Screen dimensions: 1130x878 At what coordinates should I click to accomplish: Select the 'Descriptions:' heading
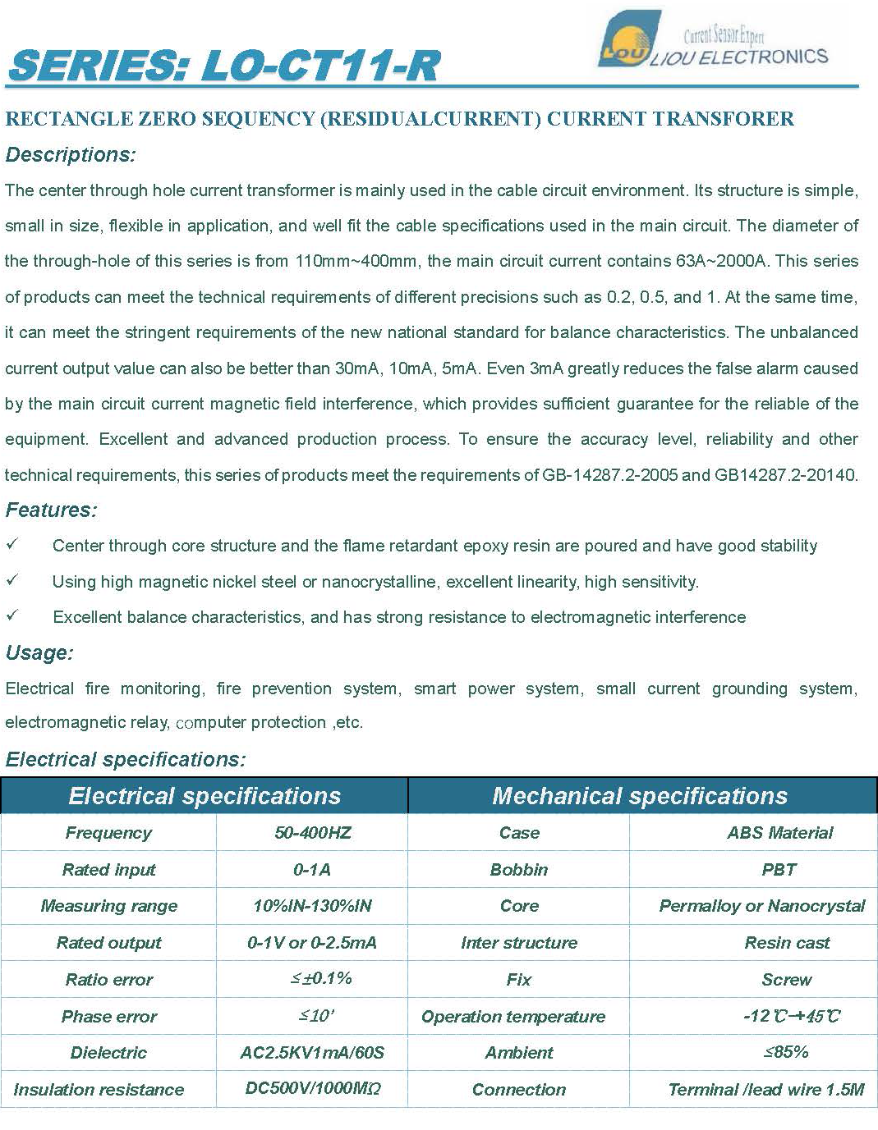pos(71,155)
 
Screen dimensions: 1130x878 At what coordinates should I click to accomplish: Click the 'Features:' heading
pos(52,510)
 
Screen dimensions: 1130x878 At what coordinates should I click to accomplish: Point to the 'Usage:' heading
pos(39,653)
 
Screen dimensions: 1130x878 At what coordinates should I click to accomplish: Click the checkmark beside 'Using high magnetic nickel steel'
pos(12,580)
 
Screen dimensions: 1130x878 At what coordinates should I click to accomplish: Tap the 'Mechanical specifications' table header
pos(640,796)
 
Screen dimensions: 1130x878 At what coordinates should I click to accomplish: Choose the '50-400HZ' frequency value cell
pos(312,833)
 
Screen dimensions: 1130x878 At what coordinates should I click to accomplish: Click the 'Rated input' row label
pos(108,870)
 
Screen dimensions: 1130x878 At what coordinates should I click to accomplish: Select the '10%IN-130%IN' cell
pos(312,906)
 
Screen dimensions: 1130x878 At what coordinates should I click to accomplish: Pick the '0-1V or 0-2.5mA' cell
pos(312,943)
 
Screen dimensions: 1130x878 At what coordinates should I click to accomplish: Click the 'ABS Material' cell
pos(779,833)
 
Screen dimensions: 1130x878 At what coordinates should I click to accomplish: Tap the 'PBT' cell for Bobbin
pos(779,870)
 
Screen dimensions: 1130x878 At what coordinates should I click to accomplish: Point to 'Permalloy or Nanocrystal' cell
pos(761,906)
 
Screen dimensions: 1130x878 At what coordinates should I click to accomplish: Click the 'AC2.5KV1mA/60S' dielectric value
pos(312,1053)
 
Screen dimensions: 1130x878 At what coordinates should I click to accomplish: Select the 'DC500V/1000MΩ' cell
pos(312,1089)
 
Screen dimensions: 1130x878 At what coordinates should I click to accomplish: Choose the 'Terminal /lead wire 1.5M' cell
pos(765,1090)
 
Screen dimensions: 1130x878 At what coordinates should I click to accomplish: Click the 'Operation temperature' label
pos(513,1017)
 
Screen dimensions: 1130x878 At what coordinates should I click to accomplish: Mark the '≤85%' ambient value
pos(786,1052)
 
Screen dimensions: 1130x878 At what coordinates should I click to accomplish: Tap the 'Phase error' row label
pos(108,1017)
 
